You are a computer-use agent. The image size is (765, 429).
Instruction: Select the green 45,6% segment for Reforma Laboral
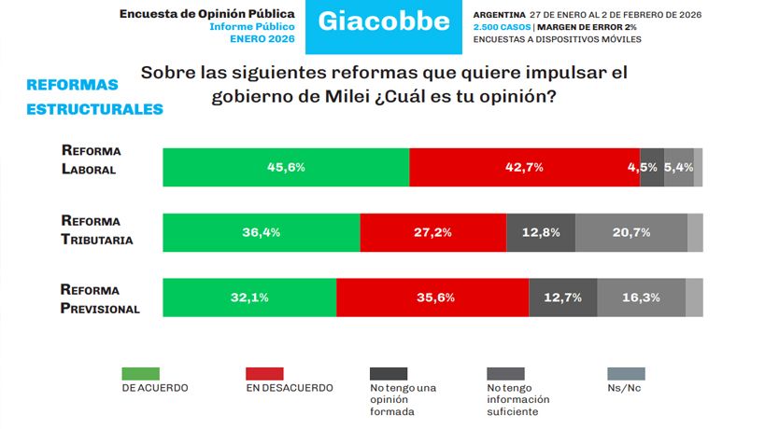pos(286,167)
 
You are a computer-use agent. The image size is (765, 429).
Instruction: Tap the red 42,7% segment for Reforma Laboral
pos(524,167)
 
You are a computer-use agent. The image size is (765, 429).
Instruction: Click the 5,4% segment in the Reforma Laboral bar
pos(679,167)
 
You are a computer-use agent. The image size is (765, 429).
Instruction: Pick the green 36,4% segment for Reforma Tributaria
pos(262,232)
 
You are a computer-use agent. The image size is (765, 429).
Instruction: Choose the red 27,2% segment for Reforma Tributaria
pos(432,232)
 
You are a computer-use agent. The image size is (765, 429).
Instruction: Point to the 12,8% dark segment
pos(540,232)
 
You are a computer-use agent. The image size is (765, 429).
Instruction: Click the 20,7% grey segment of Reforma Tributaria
pos(631,232)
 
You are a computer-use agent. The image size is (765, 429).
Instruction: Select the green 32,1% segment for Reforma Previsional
pos(249,298)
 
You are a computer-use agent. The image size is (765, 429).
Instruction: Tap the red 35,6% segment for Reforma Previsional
pos(432,298)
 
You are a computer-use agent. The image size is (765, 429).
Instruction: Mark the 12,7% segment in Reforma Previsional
pos(563,298)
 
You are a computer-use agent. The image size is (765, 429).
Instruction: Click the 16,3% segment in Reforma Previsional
pos(641,298)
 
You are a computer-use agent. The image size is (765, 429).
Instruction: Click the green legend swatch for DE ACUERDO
pos(141,373)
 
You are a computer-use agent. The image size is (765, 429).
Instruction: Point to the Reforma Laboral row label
pos(90,159)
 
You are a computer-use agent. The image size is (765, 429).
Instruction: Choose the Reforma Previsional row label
pos(99,298)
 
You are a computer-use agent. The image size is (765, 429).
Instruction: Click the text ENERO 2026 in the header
pos(263,39)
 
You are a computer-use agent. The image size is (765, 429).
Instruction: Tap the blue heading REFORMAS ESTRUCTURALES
pos(94,97)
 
